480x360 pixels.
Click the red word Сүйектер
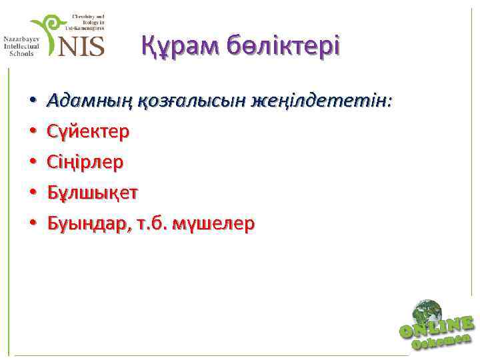89,132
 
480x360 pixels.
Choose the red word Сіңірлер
85,163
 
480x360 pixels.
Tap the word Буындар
83,224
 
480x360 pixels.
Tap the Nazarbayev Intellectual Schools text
21,46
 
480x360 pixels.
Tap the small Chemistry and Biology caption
85,22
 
